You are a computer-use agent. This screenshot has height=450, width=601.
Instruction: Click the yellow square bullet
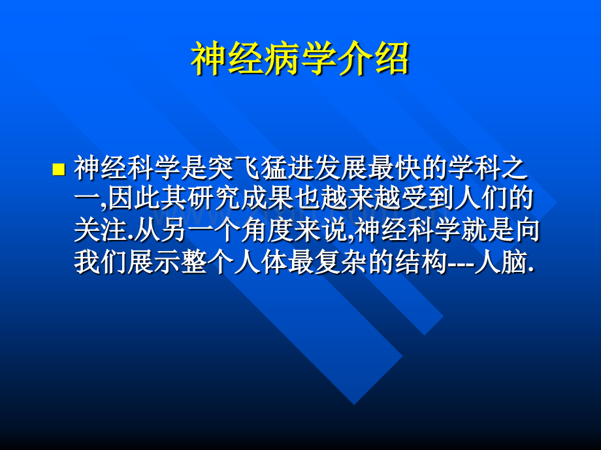(58, 169)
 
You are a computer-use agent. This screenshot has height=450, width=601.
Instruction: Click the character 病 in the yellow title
(282, 59)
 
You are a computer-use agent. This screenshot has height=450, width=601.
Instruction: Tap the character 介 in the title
(355, 59)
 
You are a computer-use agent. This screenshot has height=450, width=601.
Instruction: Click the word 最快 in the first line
(395, 168)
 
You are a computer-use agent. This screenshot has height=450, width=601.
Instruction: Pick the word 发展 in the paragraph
(341, 168)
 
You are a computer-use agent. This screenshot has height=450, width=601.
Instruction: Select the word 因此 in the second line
(134, 199)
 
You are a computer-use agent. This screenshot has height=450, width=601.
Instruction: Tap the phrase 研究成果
(240, 199)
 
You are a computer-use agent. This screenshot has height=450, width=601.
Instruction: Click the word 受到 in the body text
(428, 199)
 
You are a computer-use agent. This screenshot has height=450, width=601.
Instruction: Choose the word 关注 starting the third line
(101, 230)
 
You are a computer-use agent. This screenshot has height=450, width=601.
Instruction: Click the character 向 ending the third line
(527, 230)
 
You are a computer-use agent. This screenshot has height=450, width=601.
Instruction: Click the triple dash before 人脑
(461, 263)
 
